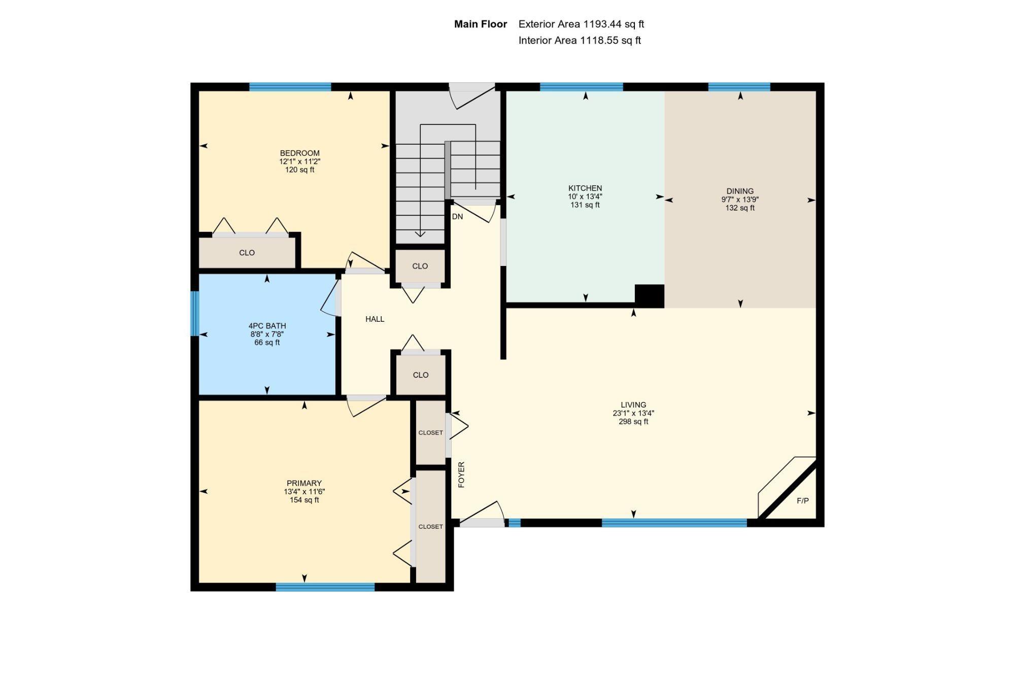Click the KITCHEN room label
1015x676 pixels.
585,188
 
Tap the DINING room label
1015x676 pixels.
740,191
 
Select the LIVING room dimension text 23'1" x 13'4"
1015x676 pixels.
633,413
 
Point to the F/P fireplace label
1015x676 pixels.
803,501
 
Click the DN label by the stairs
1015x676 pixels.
457,217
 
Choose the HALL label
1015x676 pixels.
375,319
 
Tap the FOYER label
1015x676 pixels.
461,475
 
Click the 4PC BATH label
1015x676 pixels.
267,326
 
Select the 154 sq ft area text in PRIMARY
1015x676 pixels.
304,500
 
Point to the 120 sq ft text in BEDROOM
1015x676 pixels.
299,170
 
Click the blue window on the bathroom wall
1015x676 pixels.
194,313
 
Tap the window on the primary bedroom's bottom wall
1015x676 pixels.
325,587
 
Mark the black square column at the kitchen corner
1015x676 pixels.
650,296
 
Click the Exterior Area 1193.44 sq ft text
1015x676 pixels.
581,24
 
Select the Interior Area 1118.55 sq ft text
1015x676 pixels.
580,40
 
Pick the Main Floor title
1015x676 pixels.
481,24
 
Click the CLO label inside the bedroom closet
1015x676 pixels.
247,253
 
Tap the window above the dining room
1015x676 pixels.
739,87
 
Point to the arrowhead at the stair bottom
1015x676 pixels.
420,234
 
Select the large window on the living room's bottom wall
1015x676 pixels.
674,523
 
